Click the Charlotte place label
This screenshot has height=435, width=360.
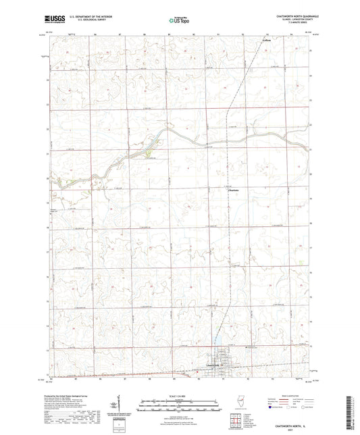click(x=232, y=190)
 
